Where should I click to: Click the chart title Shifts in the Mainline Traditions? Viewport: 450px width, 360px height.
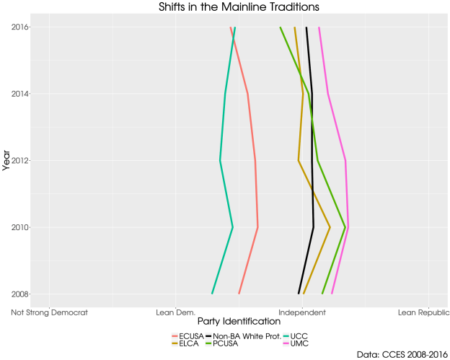[229, 6]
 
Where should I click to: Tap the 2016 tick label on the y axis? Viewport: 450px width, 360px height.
[20, 27]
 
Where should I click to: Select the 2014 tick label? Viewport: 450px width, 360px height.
[20, 94]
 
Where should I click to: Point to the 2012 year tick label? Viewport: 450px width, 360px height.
[20, 160]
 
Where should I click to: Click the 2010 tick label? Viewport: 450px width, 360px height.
[20, 227]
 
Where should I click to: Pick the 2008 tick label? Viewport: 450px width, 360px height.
[20, 294]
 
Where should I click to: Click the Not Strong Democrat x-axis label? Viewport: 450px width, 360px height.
[49, 313]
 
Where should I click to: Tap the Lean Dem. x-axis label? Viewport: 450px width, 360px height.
[176, 313]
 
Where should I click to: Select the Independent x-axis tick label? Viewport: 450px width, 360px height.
[302, 313]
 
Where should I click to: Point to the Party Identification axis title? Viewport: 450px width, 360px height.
[229, 322]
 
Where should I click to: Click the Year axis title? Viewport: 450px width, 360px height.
[6, 160]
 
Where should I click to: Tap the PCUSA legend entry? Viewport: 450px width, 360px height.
[226, 343]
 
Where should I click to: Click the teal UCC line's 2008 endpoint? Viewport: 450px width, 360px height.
[212, 294]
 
